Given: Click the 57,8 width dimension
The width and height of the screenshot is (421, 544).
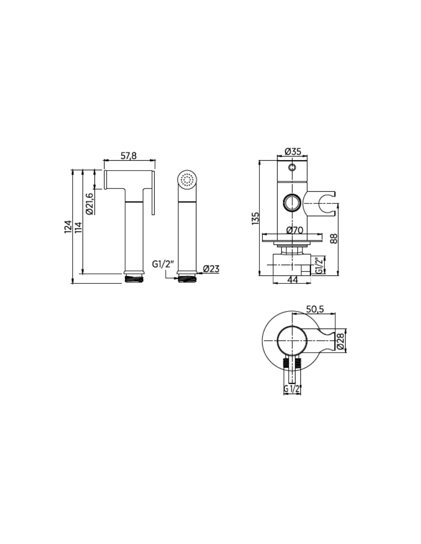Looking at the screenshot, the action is tap(129, 156).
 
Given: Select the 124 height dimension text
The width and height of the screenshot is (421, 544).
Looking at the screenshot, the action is tap(68, 227).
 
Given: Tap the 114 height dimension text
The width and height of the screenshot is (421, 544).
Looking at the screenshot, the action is tap(78, 227).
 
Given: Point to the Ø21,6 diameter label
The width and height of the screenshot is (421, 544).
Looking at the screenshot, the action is tap(90, 204).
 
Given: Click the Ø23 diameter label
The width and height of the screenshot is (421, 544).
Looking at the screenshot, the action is tap(211, 269).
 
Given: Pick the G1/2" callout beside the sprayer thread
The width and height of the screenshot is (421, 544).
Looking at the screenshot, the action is tap(163, 264).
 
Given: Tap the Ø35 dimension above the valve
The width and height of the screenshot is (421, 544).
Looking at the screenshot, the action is tap(293, 151).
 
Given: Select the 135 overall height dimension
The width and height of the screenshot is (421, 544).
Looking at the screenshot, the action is tap(255, 218).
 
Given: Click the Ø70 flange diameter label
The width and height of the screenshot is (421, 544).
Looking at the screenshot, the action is tap(295, 230).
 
